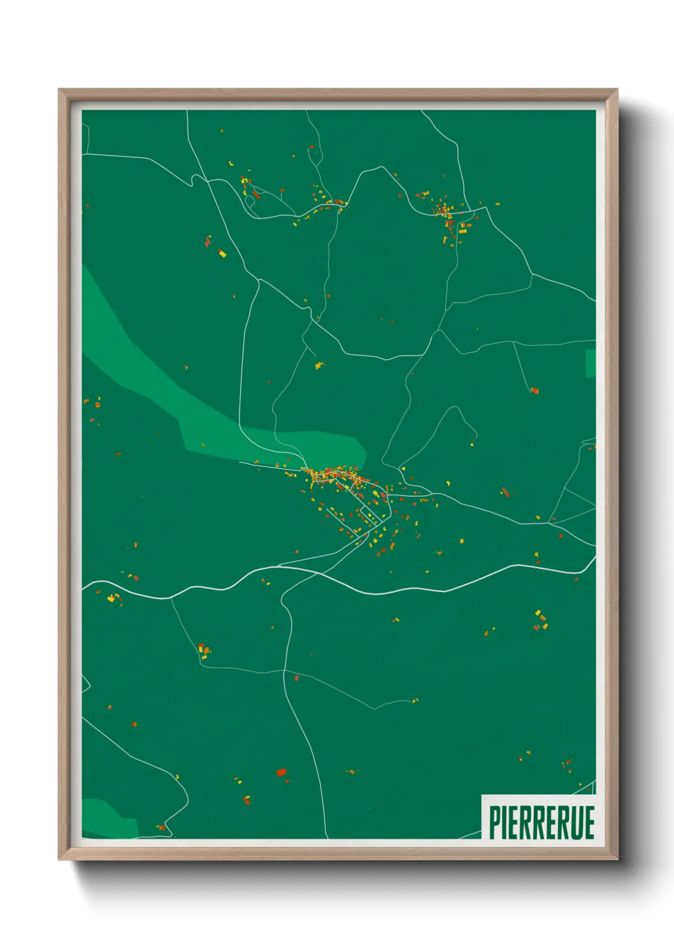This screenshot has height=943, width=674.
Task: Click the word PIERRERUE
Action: coord(541,822)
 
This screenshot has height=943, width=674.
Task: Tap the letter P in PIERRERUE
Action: coord(494,822)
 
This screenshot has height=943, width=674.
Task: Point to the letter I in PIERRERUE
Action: coord(505,822)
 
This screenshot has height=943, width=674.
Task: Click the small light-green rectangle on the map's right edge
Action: coord(591,363)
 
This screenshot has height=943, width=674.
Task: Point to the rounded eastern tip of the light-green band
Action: coord(362,450)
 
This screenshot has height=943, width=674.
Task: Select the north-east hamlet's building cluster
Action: coord(446,210)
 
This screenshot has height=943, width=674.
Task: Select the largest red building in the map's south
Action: coord(281,772)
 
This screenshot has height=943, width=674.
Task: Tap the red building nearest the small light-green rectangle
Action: coord(535,390)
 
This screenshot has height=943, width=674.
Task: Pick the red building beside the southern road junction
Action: coord(296,678)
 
